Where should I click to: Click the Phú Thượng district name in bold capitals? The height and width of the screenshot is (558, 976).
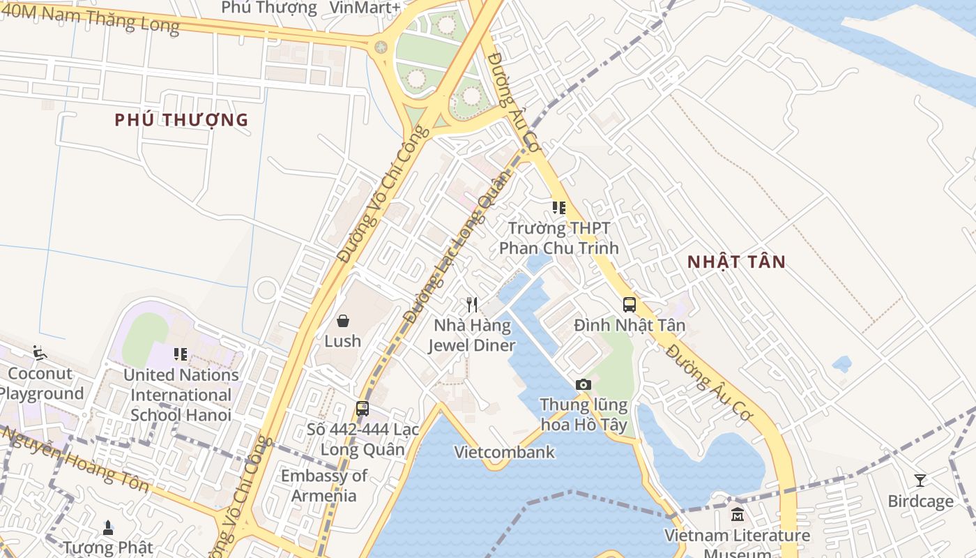point(181,120)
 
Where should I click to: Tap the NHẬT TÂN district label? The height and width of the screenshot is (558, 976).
point(736,262)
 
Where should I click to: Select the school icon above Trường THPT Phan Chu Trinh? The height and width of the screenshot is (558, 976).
point(558,208)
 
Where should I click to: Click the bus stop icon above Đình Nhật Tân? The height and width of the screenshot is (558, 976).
point(630,305)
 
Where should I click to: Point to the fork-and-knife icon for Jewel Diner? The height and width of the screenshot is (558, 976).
point(472,305)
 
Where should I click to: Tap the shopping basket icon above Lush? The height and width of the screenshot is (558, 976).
point(343,321)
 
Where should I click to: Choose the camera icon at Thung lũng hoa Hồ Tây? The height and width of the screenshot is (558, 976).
point(584,384)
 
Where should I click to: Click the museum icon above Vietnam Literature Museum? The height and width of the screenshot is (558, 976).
point(737,515)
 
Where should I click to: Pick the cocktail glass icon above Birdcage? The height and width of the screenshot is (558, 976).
point(920,481)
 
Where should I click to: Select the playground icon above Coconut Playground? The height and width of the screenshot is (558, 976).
point(40,353)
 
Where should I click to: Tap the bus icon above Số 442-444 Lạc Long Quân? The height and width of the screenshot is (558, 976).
point(363,409)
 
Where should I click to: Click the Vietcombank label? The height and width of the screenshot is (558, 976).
point(505,452)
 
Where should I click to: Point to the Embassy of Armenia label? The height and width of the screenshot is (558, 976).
point(323,486)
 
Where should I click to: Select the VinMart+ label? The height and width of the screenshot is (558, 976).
point(365,8)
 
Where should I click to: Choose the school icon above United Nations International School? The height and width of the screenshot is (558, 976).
point(181,354)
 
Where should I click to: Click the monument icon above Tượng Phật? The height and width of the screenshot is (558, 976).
point(108,528)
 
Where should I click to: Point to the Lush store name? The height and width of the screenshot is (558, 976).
point(343,341)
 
